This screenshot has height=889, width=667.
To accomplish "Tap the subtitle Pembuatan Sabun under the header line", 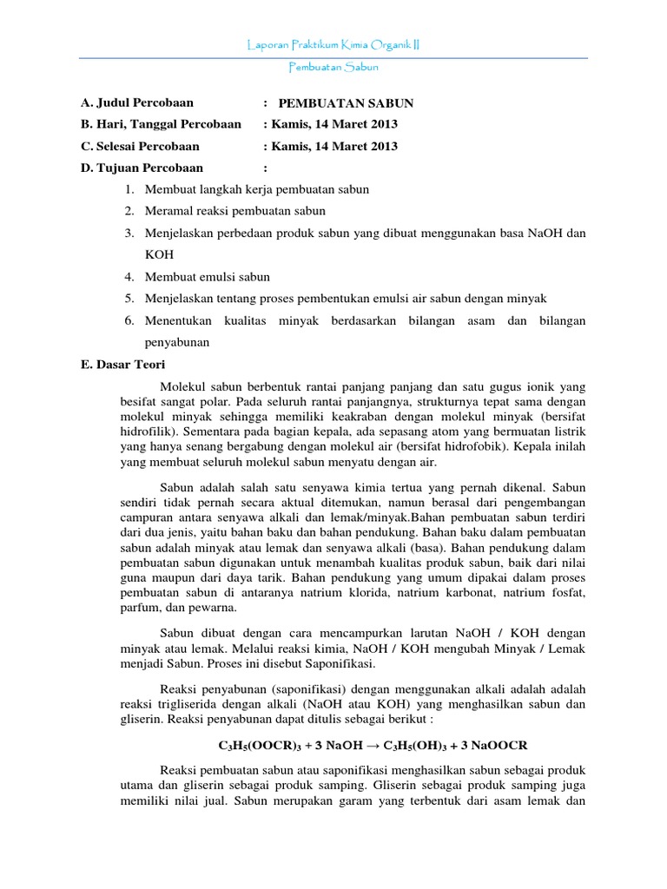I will pyautogui.click(x=333, y=67).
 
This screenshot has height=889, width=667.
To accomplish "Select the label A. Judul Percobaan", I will pyautogui.click(x=136, y=102).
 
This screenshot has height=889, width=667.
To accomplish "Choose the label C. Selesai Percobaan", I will pyautogui.click(x=140, y=146).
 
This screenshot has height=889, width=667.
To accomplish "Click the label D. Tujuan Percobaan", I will pyautogui.click(x=142, y=168).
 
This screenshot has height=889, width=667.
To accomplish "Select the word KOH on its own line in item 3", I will pyautogui.click(x=159, y=254).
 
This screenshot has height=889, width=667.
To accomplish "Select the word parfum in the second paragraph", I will pyautogui.click(x=139, y=609).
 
